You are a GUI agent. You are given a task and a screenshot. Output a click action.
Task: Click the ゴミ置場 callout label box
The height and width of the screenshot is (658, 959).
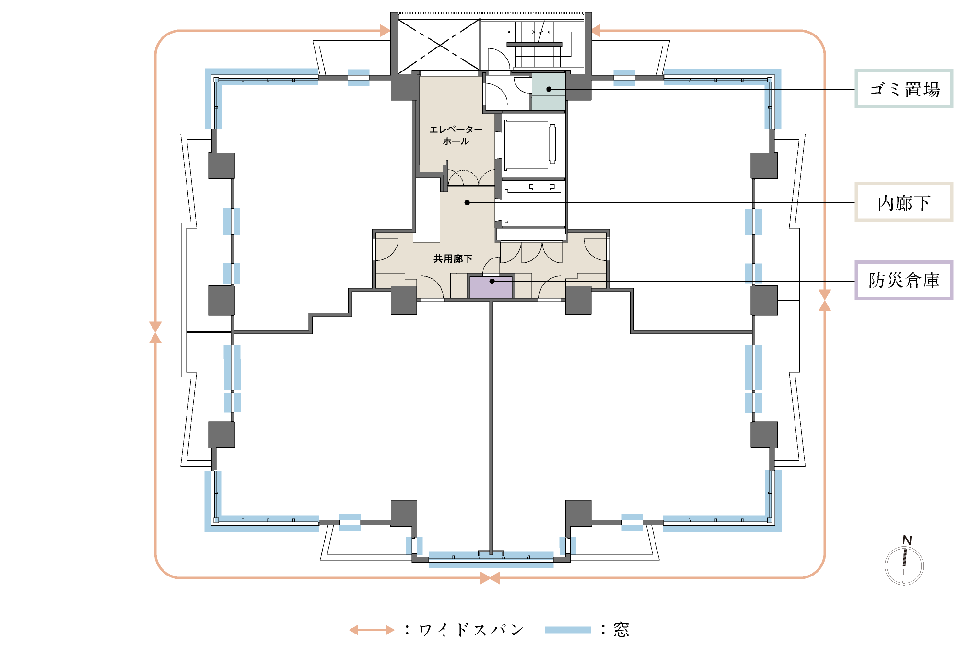tap(904, 89)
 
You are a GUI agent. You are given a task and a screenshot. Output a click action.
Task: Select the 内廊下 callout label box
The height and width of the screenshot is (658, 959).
tap(904, 202)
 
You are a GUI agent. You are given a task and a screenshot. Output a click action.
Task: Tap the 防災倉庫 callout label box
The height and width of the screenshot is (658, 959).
tap(904, 281)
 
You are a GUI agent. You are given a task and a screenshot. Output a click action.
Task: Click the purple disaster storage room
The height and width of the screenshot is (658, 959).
tap(491, 287)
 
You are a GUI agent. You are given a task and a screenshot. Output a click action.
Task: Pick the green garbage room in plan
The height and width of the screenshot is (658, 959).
tap(549, 91)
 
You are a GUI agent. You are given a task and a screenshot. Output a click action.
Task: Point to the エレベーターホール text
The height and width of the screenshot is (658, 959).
tap(456, 135)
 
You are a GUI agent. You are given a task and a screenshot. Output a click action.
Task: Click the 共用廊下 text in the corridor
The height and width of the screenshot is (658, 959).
tap(453, 259)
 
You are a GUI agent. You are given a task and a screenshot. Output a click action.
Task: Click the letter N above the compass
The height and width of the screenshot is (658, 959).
tap(907, 540)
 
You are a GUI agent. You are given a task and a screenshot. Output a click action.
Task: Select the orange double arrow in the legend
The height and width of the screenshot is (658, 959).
tap(372, 630)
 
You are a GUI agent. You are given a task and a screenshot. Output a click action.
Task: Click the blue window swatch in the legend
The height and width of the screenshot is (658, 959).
tap(568, 630)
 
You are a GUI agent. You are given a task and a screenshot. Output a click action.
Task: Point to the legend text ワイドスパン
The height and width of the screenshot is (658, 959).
tap(471, 630)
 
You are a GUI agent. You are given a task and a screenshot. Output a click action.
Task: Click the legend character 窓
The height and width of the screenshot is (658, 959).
tap(621, 630)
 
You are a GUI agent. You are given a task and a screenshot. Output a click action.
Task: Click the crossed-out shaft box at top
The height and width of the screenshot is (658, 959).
tap(439, 46)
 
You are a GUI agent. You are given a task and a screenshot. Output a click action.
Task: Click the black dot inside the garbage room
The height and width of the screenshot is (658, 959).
tap(549, 89)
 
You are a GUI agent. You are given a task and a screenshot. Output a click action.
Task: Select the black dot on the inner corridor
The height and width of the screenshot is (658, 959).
tap(467, 203)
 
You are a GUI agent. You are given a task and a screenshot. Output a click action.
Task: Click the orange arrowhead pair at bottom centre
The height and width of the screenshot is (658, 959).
tap(490, 578)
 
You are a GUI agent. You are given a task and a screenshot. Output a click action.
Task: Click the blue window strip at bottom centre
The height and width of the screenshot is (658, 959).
tap(491, 560)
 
